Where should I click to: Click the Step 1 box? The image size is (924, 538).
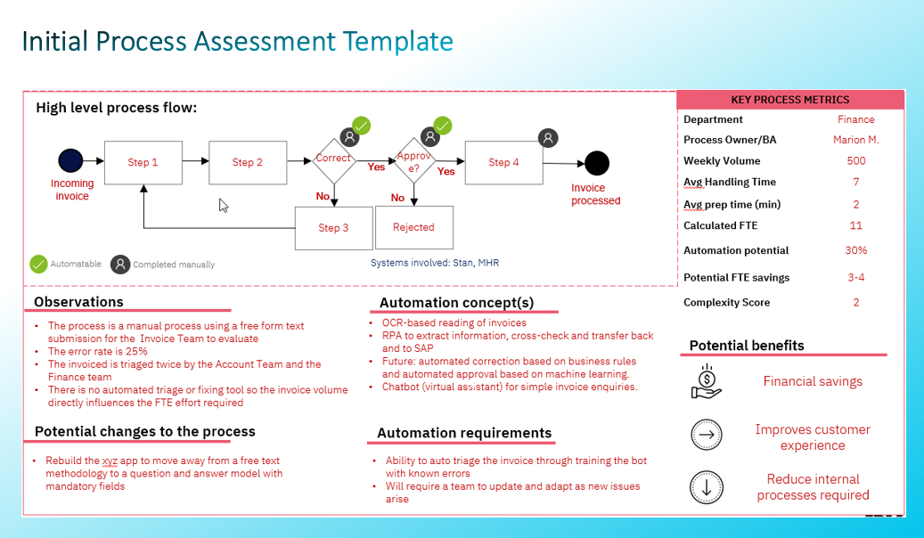[143, 163]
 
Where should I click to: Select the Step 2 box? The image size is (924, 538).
[247, 162]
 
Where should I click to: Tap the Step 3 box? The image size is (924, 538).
[333, 228]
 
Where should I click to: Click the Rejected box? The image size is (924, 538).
[413, 227]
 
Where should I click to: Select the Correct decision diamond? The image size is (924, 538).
[333, 159]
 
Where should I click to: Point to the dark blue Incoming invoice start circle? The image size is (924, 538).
[70, 160]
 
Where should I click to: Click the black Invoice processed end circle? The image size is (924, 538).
[596, 164]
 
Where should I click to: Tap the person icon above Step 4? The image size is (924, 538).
[549, 137]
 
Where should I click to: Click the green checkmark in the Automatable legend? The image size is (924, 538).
[38, 264]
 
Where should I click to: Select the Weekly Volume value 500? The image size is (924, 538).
[855, 161]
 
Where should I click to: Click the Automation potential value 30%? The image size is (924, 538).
[855, 251]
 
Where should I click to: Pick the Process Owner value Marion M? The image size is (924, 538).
[855, 140]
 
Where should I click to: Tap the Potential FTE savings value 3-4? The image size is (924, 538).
[855, 278]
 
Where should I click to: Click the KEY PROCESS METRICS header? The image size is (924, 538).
[789, 100]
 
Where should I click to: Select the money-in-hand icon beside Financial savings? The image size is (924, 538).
[707, 381]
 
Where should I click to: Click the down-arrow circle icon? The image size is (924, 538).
[707, 487]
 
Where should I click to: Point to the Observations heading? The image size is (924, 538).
[78, 302]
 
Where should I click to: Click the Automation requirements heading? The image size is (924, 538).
[464, 433]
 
